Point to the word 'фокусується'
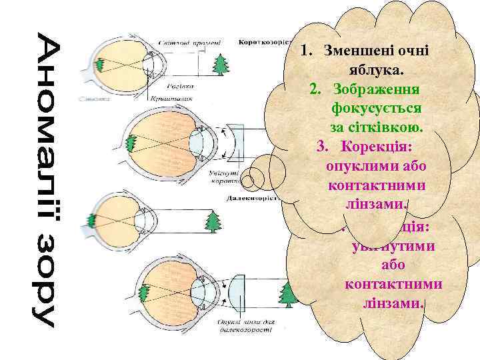point(379,107)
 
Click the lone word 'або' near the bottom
point(393,265)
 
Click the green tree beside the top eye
point(219,64)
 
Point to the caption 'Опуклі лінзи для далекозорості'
point(243,326)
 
